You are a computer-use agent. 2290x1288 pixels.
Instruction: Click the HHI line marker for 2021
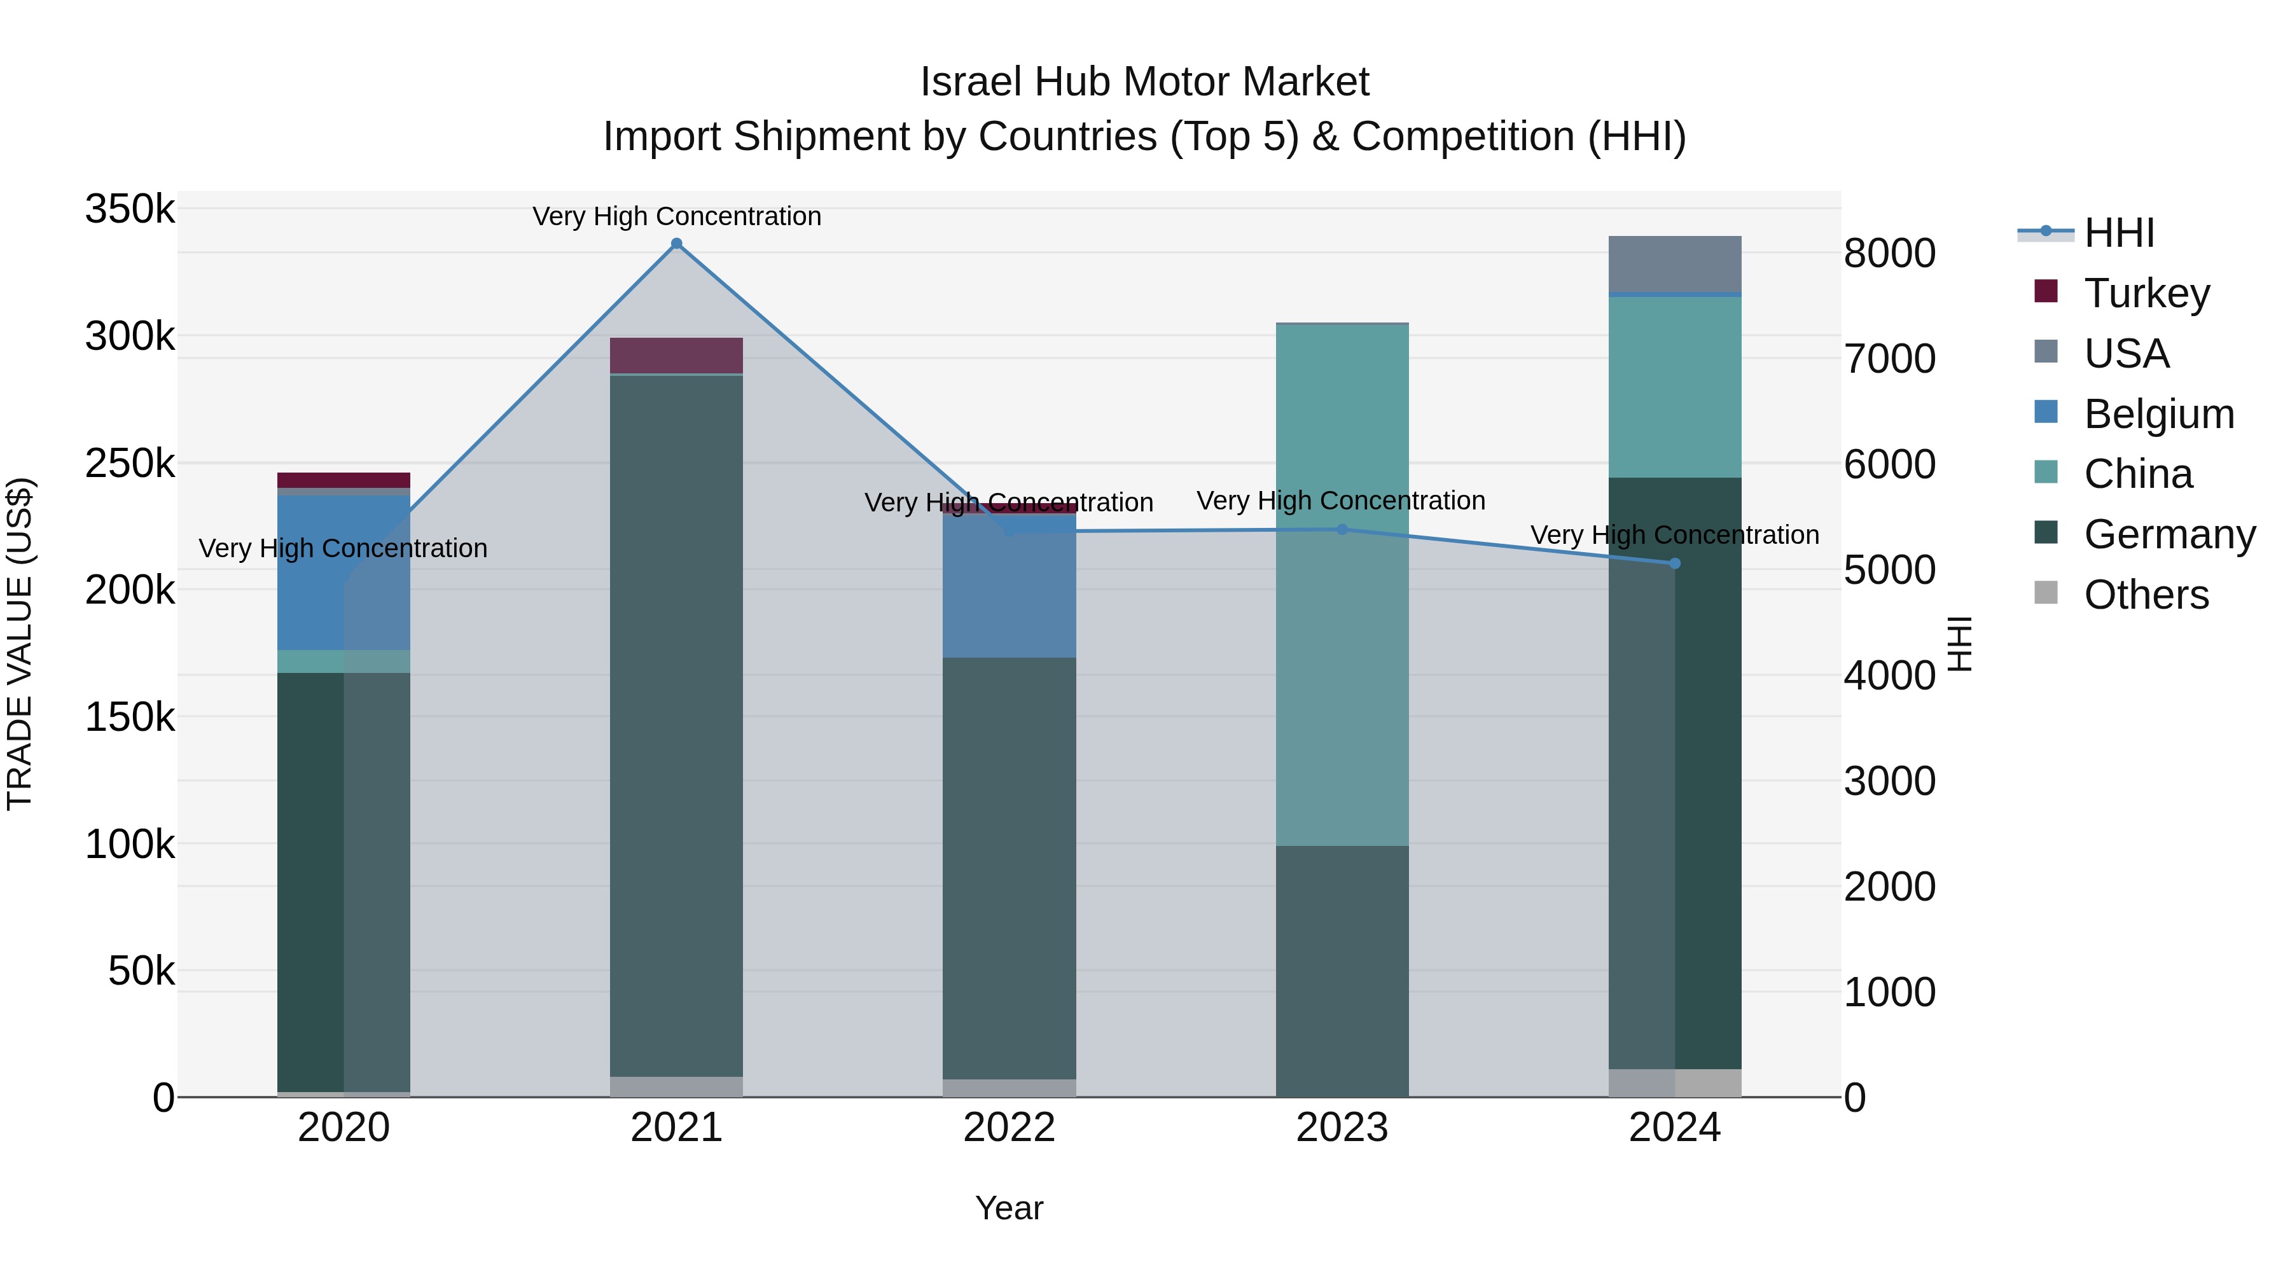(x=677, y=244)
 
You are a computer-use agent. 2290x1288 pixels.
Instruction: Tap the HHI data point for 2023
(x=1342, y=530)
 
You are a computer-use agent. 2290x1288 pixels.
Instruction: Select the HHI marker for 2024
(x=1675, y=564)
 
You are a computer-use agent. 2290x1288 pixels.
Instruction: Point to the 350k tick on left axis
(x=130, y=210)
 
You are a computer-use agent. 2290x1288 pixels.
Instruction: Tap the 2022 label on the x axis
(x=1009, y=1128)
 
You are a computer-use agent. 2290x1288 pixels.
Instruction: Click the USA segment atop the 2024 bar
(x=1675, y=264)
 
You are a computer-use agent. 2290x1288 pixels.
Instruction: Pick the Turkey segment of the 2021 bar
(x=677, y=356)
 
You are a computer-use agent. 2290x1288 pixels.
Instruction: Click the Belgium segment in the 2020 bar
(x=344, y=572)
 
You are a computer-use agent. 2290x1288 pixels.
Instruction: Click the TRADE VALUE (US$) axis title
(x=20, y=644)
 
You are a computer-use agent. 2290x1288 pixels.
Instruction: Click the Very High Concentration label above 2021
(x=677, y=217)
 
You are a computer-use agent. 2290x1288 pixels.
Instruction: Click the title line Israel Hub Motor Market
(x=1144, y=82)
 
